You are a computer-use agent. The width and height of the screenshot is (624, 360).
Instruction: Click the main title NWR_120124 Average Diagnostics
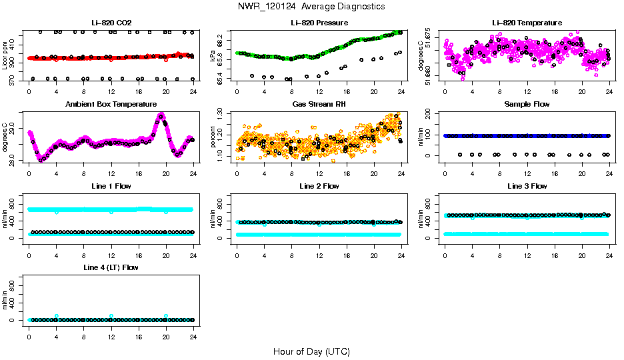tap(311, 6)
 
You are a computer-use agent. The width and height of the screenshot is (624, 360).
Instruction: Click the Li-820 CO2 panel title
tap(111, 23)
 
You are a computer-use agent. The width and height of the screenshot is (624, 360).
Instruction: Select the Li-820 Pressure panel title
tap(319, 23)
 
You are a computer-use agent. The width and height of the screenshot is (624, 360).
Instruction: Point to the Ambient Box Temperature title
tap(111, 105)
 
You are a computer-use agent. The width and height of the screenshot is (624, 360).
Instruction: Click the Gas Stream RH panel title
tap(319, 105)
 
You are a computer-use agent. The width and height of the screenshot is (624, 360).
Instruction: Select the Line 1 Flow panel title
tap(111, 186)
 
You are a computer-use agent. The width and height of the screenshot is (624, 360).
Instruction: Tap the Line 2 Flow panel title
tap(319, 186)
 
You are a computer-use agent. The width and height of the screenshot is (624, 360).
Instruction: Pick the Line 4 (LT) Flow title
tap(111, 267)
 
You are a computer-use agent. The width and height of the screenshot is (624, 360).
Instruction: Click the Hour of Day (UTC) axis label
tap(311, 351)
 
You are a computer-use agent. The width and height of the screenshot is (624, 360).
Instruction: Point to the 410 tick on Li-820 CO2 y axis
tap(15, 45)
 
